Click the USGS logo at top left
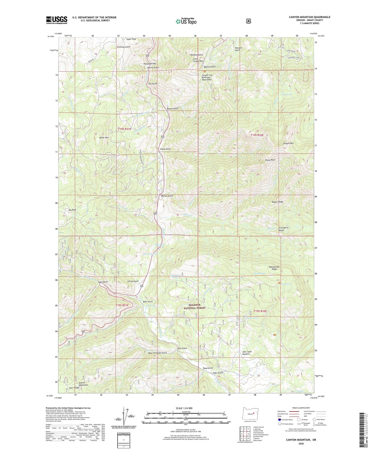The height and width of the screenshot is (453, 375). tap(57, 20)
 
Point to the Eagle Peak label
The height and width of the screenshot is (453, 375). tap(131, 39)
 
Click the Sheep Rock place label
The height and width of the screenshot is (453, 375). tap(270, 160)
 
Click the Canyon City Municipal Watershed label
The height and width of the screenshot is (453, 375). tap(207, 77)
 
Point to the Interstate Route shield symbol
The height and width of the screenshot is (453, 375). tap(279, 420)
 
